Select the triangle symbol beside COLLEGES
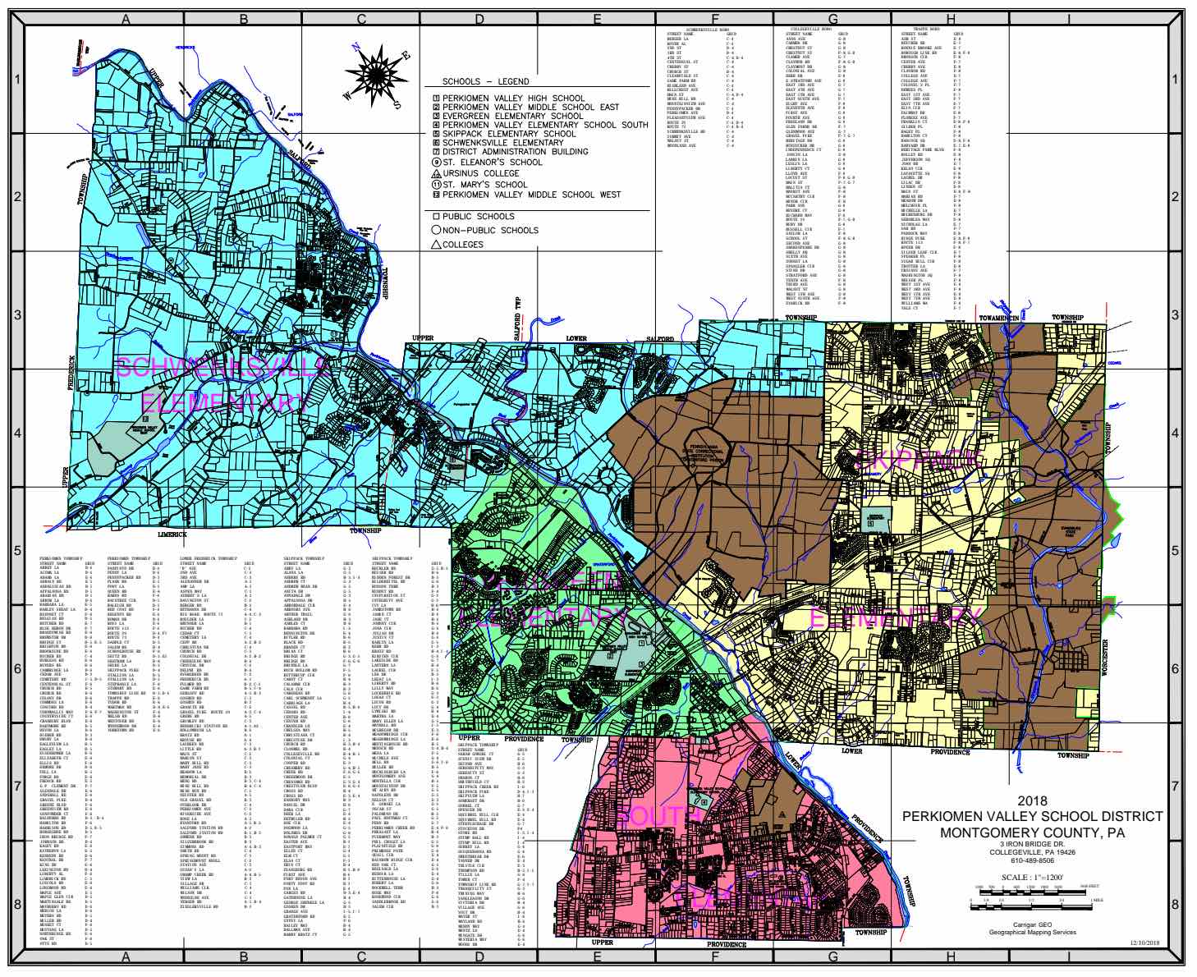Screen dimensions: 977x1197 click(x=436, y=244)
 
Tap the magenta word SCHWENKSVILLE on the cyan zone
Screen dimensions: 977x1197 click(x=222, y=366)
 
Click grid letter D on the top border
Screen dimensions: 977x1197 click(x=478, y=20)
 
